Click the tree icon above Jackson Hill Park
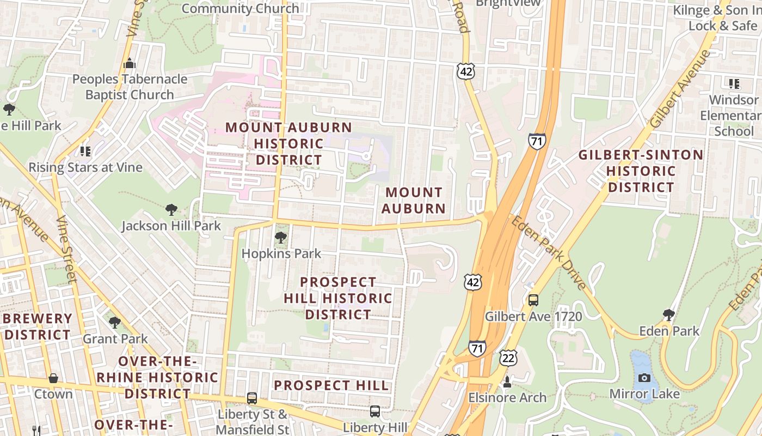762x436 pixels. [171, 209]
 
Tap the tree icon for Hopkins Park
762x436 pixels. [281, 238]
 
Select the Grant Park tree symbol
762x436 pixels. [115, 323]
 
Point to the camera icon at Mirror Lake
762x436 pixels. [644, 378]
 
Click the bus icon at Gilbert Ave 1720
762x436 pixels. [533, 300]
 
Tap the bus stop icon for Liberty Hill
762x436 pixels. [375, 411]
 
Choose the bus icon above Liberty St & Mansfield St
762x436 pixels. [252, 398]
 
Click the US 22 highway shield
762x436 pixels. [508, 358]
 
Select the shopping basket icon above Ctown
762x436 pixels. [53, 378]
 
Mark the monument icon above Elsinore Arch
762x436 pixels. [507, 381]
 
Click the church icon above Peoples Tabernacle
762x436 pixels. [129, 63]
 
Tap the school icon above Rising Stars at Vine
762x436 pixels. [85, 151]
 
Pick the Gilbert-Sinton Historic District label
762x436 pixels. [641, 171]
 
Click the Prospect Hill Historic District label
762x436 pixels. [338, 298]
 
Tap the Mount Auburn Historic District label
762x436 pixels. [289, 144]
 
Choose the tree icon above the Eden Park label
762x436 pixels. [669, 314]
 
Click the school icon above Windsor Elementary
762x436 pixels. [734, 84]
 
